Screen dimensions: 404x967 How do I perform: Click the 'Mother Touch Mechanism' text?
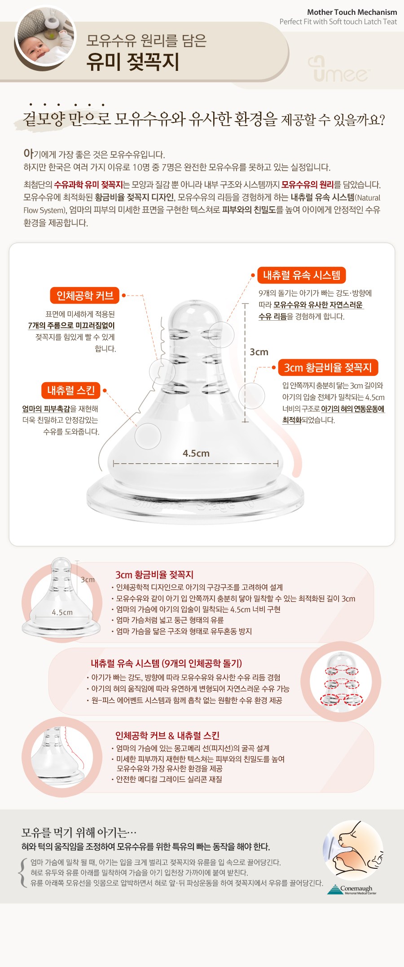click(352, 13)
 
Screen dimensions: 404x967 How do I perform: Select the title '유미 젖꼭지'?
click(133, 61)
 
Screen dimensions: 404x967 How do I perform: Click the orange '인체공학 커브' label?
click(85, 296)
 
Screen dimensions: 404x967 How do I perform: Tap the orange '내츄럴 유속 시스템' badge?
click(302, 275)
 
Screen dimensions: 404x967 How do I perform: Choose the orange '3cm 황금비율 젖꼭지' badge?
click(328, 368)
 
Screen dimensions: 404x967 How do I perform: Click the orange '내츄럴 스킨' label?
click(71, 390)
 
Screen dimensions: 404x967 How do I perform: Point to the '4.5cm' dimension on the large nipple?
click(196, 453)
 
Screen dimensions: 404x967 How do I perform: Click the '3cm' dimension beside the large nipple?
click(259, 352)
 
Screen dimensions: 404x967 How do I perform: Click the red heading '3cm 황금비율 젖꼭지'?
click(154, 575)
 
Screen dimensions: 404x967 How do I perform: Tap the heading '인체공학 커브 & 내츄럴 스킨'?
click(167, 736)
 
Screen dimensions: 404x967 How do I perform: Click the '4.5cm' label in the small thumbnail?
click(62, 612)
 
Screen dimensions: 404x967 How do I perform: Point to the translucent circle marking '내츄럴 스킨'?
click(148, 436)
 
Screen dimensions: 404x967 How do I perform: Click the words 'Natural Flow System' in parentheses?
click(202, 204)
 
